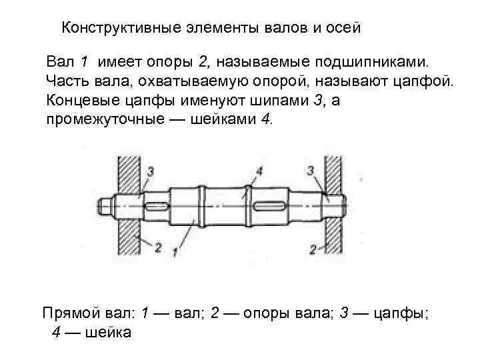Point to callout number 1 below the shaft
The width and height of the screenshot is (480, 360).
coord(174,251)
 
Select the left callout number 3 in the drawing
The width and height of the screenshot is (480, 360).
coord(151,171)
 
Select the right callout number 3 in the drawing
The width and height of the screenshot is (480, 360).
coord(311,171)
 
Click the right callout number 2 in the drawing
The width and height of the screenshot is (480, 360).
coord(313,249)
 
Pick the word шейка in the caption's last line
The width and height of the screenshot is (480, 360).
coord(107,331)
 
